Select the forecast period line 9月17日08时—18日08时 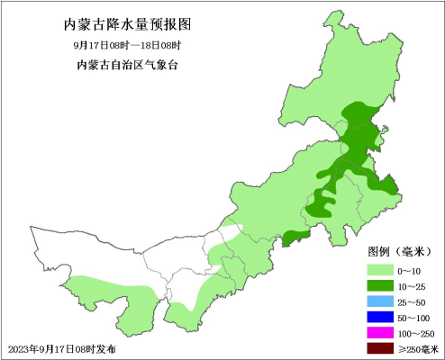point(127,45)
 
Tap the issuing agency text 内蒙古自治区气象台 point(127,65)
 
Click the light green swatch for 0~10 point(378,270)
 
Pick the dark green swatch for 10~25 point(378,285)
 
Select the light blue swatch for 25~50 point(378,301)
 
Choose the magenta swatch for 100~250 point(378,333)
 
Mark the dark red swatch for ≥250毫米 point(378,348)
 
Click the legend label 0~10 point(410,270)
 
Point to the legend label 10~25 point(412,285)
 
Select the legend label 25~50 point(412,301)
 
